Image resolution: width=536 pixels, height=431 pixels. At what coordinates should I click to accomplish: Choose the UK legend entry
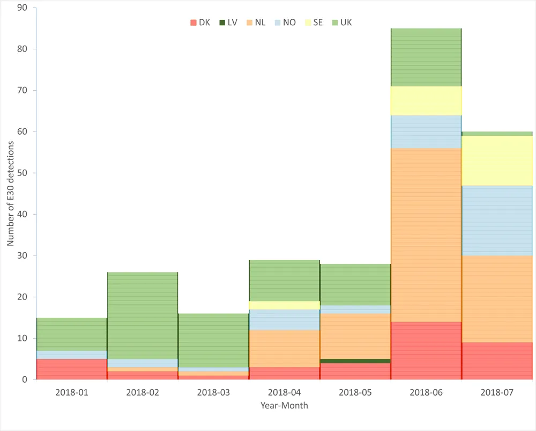point(341,23)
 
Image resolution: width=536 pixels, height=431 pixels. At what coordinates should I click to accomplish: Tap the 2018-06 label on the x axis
point(426,393)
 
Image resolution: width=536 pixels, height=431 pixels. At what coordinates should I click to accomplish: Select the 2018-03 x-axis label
point(213,393)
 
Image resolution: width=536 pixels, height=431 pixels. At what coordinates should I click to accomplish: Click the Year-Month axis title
point(284,406)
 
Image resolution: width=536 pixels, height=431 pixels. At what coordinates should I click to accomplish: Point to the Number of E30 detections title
point(11,194)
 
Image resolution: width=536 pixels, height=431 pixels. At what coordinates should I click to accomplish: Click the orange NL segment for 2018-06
point(426,235)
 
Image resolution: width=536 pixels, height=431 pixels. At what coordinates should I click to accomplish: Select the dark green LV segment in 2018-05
point(355,361)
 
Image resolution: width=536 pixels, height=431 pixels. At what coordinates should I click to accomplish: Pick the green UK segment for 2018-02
point(142,316)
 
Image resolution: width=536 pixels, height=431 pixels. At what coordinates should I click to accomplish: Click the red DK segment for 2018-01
point(71,369)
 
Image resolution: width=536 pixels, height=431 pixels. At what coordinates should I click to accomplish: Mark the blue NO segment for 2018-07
point(496,221)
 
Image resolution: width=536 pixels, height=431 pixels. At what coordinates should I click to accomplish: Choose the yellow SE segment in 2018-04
point(284,305)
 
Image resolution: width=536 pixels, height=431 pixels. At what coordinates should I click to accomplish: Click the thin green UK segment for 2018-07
point(496,134)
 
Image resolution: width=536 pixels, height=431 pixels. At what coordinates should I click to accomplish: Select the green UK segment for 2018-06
point(426,57)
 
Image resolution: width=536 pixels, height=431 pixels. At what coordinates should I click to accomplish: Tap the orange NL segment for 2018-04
point(284,348)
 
